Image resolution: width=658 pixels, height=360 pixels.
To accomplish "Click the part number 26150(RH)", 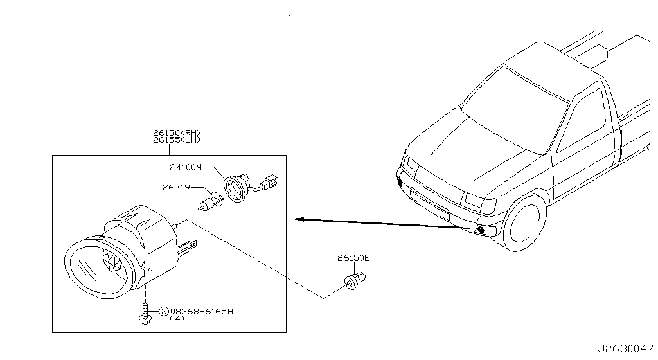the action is pyautogui.click(x=177, y=133).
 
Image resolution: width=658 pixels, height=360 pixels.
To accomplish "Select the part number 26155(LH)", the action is pyautogui.click(x=177, y=139).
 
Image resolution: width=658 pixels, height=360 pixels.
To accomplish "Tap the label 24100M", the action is pyautogui.click(x=186, y=167).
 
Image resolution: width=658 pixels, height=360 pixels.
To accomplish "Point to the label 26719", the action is pyautogui.click(x=176, y=188).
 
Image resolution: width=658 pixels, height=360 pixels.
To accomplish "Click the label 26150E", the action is pyautogui.click(x=354, y=258).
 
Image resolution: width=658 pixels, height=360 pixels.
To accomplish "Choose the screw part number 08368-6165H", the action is pyautogui.click(x=201, y=311).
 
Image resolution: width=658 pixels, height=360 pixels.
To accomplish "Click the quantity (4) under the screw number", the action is pyautogui.click(x=177, y=318).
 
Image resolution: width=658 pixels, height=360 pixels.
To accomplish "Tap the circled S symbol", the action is pyautogui.click(x=164, y=311).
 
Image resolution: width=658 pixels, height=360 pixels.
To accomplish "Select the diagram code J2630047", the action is pyautogui.click(x=626, y=348).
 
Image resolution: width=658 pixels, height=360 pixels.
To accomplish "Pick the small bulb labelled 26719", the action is pyautogui.click(x=210, y=201).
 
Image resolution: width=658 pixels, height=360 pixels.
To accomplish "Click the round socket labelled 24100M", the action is pyautogui.click(x=236, y=189).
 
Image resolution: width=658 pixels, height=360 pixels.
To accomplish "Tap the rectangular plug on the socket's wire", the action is pyautogui.click(x=271, y=183).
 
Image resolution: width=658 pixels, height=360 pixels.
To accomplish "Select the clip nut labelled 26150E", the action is pyautogui.click(x=355, y=280).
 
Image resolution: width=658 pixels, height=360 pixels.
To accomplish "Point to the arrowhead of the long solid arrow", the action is pyautogui.click(x=299, y=219).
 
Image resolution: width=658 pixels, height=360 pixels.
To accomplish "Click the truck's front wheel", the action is pyautogui.click(x=524, y=223).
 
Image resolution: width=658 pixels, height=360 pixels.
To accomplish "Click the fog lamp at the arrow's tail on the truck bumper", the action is pyautogui.click(x=481, y=230).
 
